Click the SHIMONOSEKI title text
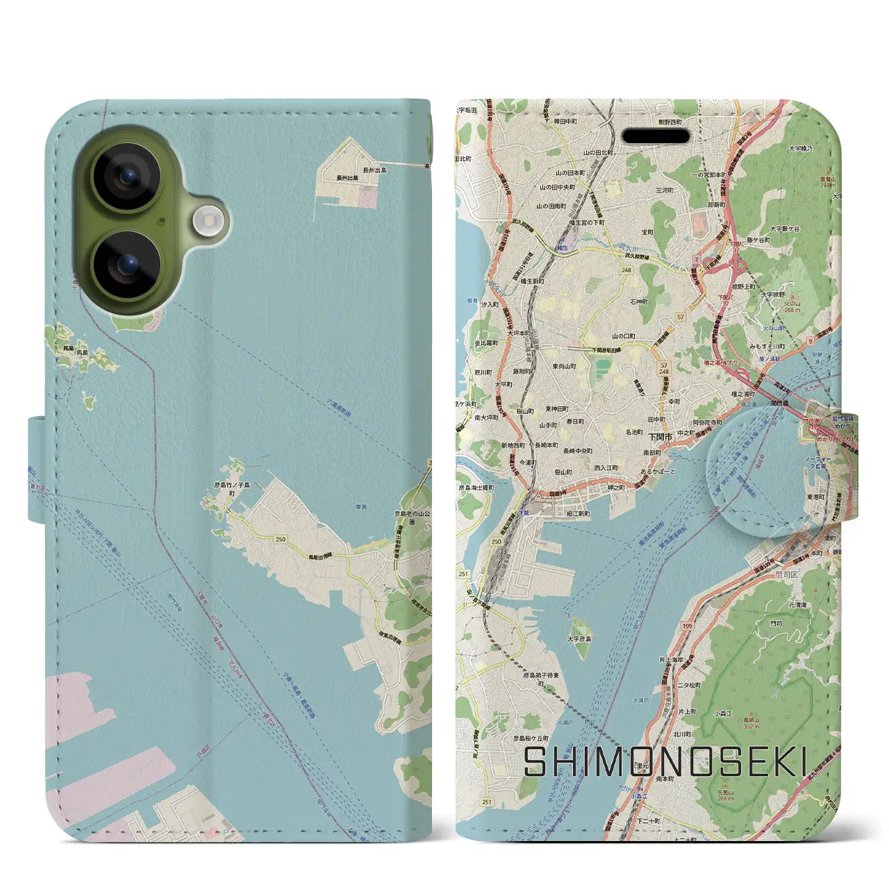(665, 762)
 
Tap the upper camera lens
(126, 176)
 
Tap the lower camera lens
(126, 265)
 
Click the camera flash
(206, 222)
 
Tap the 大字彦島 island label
(579, 639)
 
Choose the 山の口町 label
(624, 336)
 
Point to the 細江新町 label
(577, 514)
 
